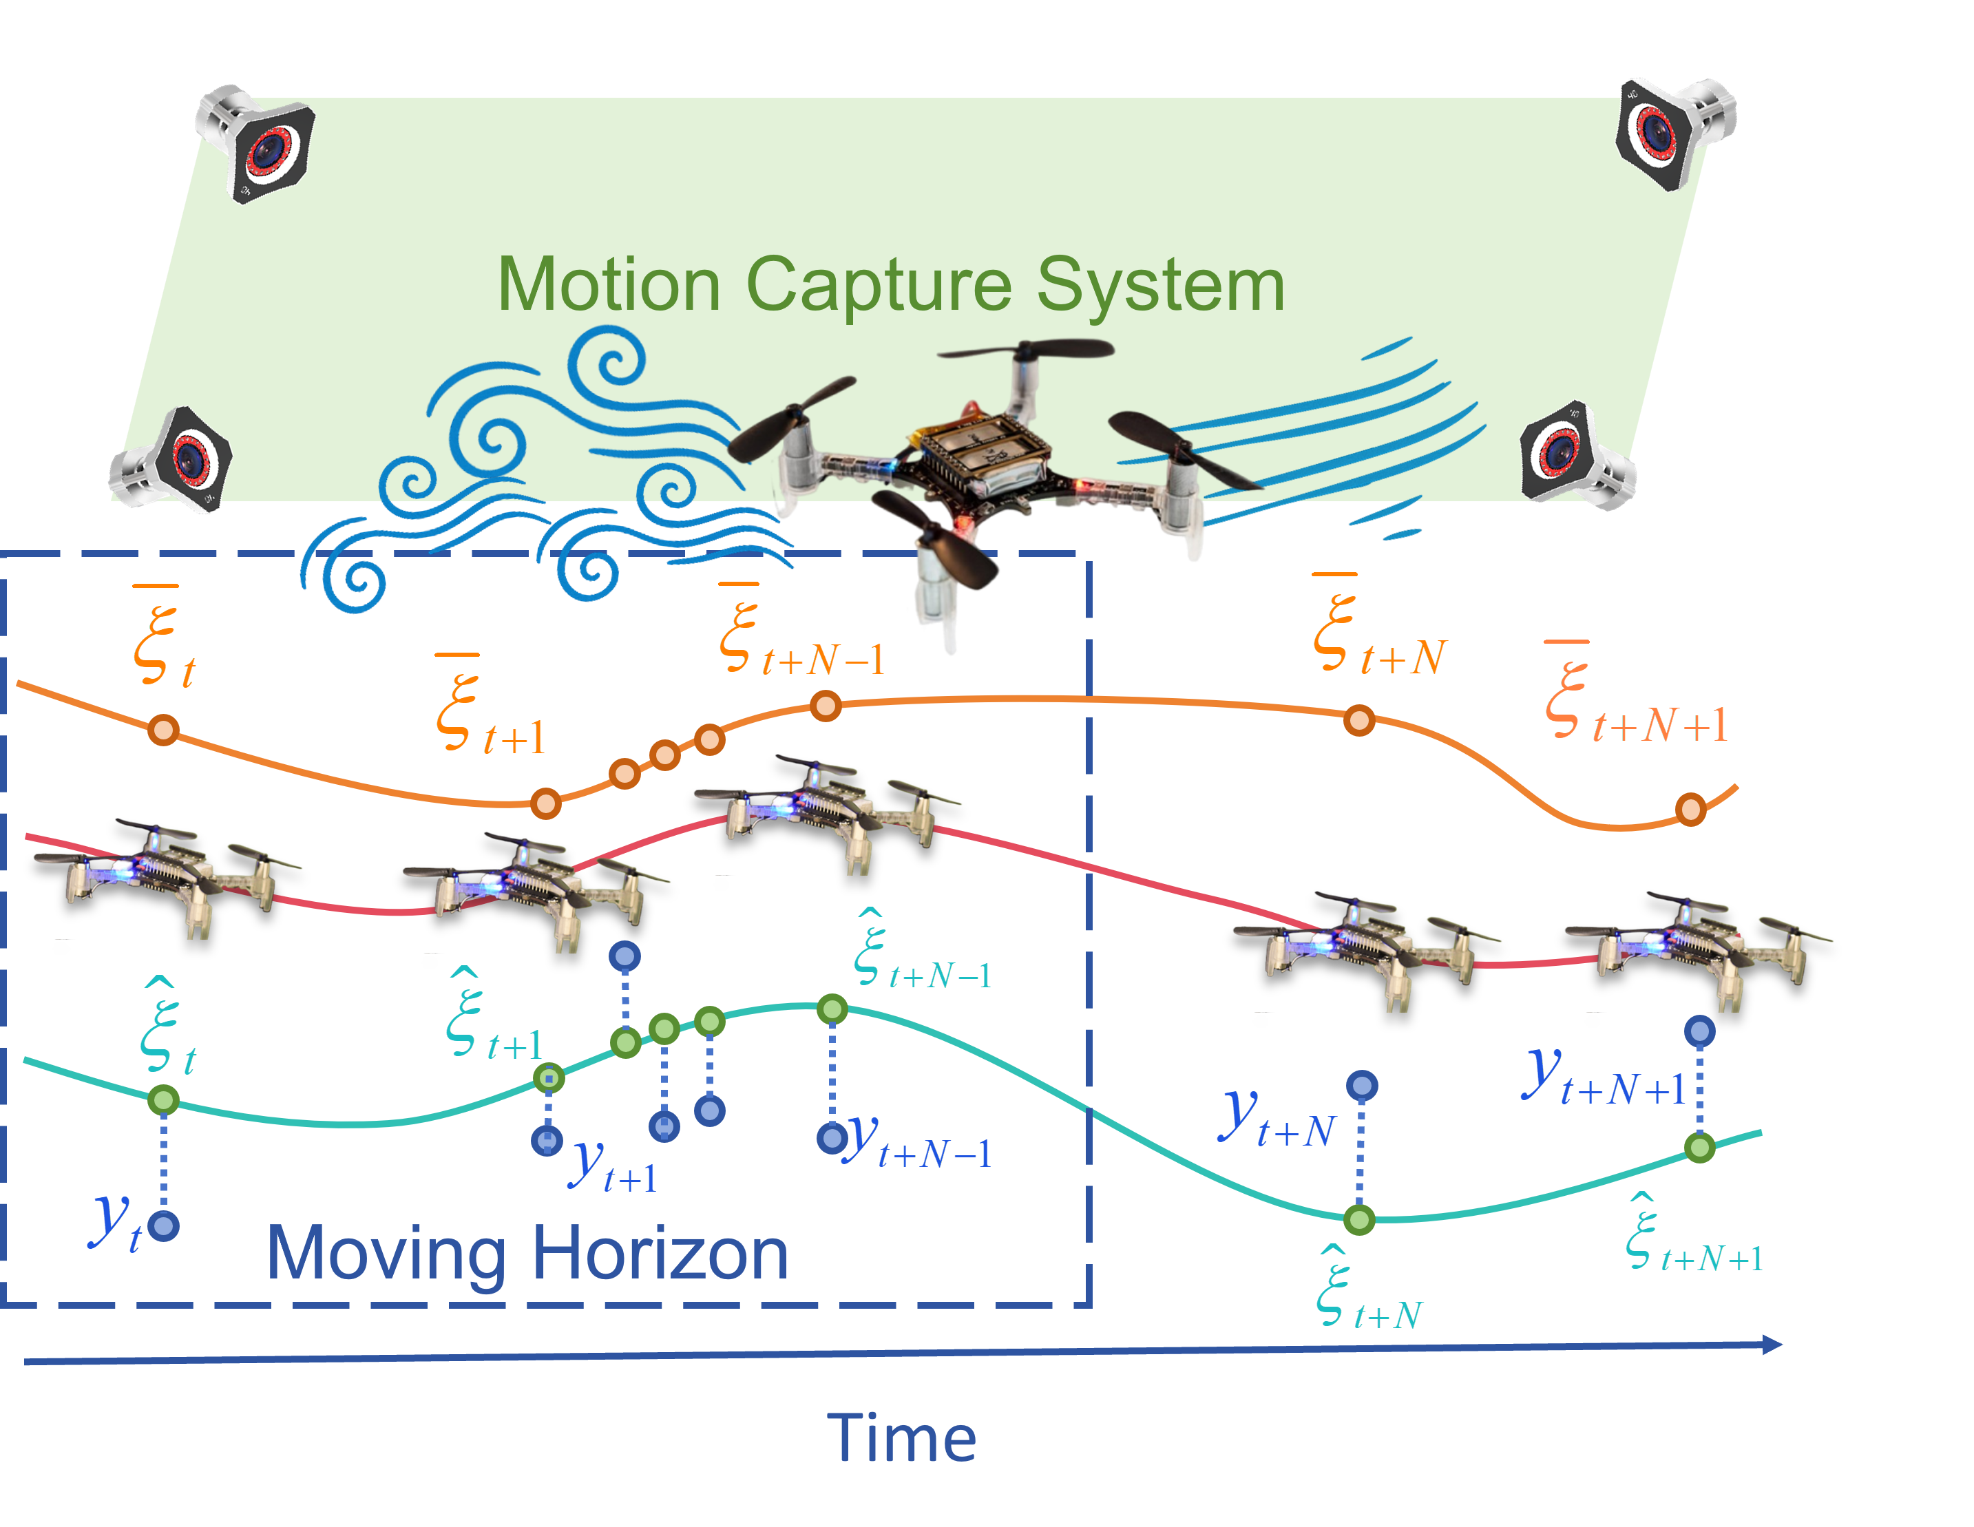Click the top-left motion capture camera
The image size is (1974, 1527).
click(258, 145)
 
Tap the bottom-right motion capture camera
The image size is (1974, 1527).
click(1577, 456)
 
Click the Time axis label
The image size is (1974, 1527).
click(901, 1438)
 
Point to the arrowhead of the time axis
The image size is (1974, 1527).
click(1772, 1345)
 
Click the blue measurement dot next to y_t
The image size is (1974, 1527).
click(164, 1226)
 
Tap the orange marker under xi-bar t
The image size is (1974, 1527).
click(164, 729)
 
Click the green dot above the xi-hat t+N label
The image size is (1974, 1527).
click(1359, 1220)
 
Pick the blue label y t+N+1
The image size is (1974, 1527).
click(1604, 1080)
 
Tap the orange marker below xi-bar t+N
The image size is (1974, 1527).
click(1359, 721)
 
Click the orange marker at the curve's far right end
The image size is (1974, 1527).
click(1690, 810)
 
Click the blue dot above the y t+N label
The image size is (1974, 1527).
click(1362, 1085)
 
